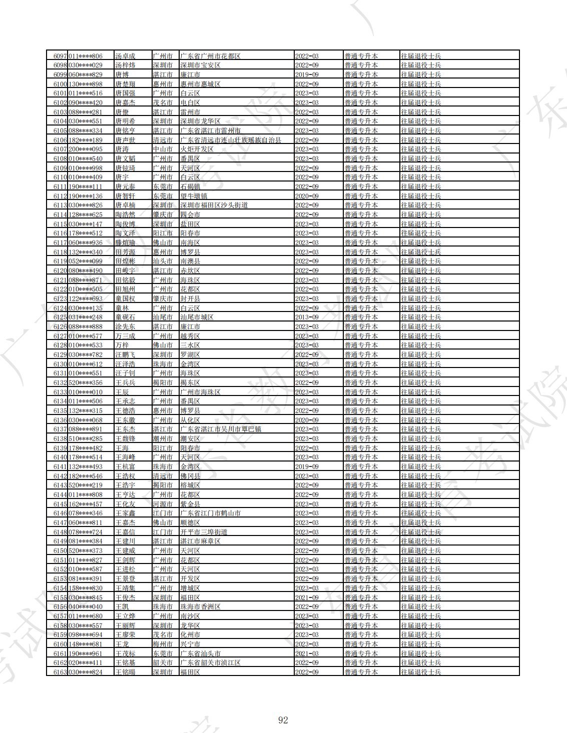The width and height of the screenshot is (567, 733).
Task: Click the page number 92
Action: [283, 720]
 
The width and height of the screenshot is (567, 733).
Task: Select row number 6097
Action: [60, 56]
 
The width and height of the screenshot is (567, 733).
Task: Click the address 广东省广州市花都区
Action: [210, 56]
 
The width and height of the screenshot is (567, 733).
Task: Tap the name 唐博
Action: [122, 74]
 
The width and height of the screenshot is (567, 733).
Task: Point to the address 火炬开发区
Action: [197, 149]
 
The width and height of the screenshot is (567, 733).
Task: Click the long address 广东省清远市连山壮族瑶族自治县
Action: [231, 140]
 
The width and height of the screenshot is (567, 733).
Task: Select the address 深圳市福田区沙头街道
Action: [214, 205]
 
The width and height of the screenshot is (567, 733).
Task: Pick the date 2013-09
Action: [307, 317]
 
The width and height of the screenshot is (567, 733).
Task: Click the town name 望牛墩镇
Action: [194, 196]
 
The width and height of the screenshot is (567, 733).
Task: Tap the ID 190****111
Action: [85, 186]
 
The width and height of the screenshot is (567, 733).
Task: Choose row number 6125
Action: [60, 317]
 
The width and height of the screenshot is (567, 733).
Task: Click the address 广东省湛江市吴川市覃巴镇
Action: [221, 429]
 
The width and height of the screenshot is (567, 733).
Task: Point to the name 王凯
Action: [122, 606]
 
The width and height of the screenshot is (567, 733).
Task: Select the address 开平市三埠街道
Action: [204, 532]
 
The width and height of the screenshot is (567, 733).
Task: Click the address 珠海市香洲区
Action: [200, 606]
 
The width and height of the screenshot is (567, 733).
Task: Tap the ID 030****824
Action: [85, 672]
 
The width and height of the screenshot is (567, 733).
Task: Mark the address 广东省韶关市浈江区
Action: [210, 662]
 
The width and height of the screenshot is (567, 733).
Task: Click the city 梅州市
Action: [163, 644]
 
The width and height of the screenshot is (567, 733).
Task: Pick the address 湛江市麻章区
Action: [200, 541]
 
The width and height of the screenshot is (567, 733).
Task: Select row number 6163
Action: [60, 672]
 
